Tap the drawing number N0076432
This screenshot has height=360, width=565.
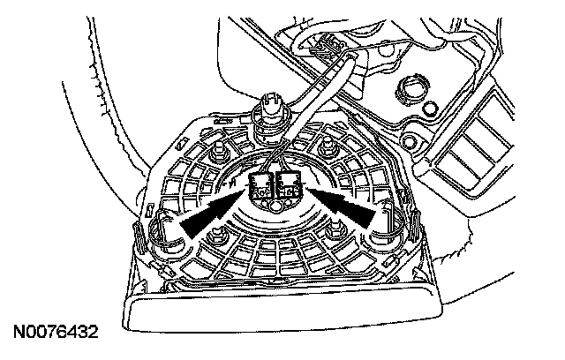click(55, 334)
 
